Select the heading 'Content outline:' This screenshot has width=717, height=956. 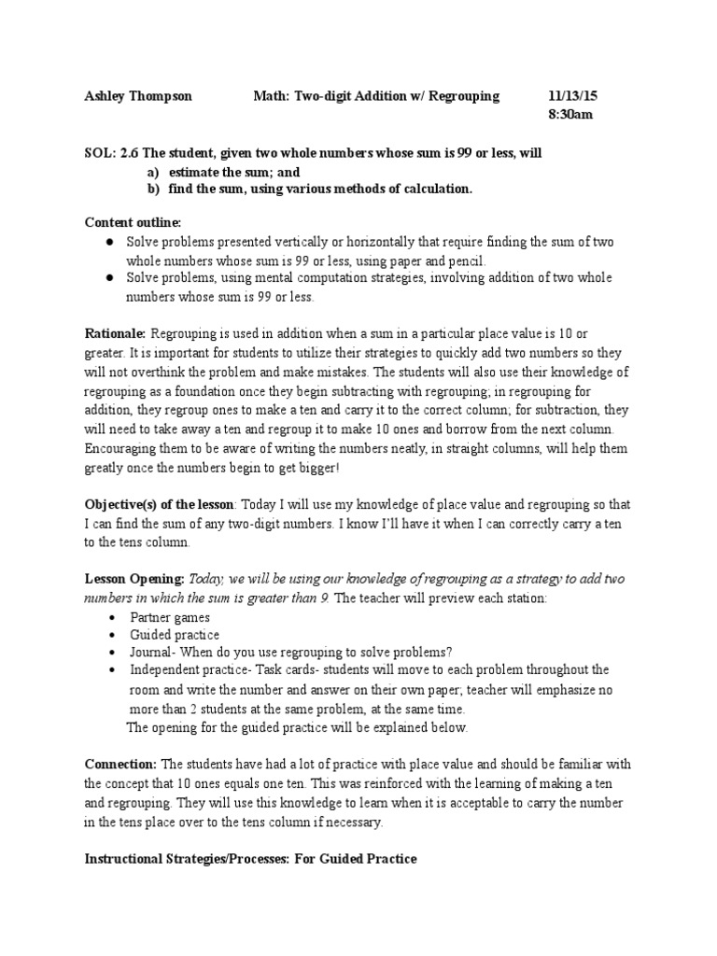pos(134,222)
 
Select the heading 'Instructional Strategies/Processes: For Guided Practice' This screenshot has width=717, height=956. pos(250,859)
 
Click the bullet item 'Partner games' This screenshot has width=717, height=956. pos(170,617)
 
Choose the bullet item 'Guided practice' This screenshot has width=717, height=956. pos(175,635)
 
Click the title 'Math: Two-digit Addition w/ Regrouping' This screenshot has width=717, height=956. pos(376,96)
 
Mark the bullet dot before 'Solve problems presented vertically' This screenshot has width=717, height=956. pos(110,242)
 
